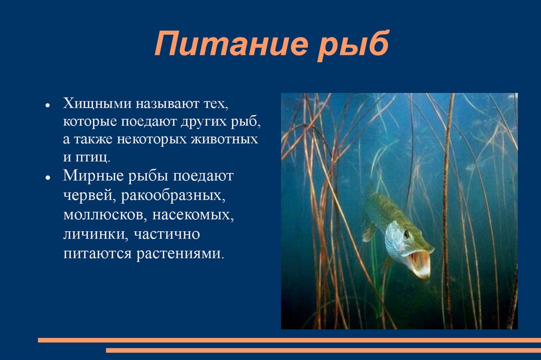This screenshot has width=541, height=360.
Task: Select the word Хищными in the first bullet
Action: click(97, 103)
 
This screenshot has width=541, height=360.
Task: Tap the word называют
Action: click(167, 104)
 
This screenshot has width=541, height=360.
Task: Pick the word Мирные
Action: click(94, 176)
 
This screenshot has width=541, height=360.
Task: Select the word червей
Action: click(90, 196)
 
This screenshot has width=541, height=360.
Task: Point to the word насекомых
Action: click(193, 215)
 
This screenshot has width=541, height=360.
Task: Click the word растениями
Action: click(180, 254)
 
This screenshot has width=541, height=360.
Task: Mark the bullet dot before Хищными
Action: click(48, 105)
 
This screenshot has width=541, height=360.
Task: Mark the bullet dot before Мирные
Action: click(48, 178)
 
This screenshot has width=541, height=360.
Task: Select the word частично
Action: click(166, 234)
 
